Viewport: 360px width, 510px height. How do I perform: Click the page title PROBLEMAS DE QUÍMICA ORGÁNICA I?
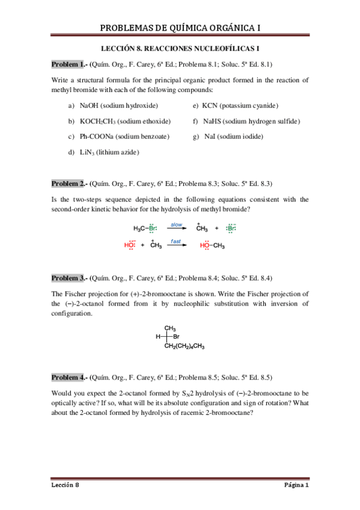tap(180, 28)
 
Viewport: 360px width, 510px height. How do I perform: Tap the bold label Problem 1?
tap(69, 64)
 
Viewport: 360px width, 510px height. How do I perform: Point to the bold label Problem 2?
tap(69, 183)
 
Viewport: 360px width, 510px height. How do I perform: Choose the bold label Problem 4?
tap(69, 377)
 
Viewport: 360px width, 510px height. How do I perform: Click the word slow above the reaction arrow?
tap(176, 224)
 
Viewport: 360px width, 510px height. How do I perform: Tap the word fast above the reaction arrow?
tap(175, 241)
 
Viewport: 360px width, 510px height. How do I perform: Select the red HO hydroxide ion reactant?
tap(129, 245)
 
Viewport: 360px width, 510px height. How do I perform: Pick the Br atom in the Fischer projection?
tap(176, 337)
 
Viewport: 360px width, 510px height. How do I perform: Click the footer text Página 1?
tap(296, 485)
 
